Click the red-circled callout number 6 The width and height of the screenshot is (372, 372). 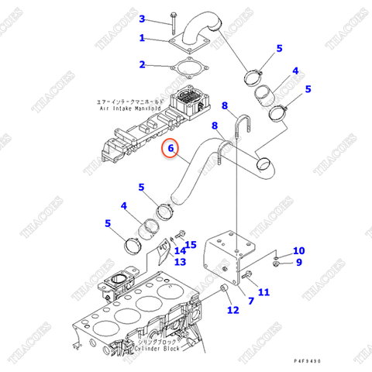pos(170,147)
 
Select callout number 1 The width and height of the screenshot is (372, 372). pos(142,38)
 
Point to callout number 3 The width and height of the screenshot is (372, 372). pos(142,19)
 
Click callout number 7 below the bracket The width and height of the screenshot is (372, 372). pos(250,300)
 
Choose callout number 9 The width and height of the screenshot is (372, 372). pos(298,265)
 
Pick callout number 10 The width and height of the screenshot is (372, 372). pos(298,250)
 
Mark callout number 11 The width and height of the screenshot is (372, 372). pos(263,292)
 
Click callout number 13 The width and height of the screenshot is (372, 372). pos(180,262)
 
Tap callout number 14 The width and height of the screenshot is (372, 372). pos(180,250)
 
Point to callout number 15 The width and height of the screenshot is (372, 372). pos(191,245)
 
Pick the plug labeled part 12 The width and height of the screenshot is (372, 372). pos(222,291)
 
